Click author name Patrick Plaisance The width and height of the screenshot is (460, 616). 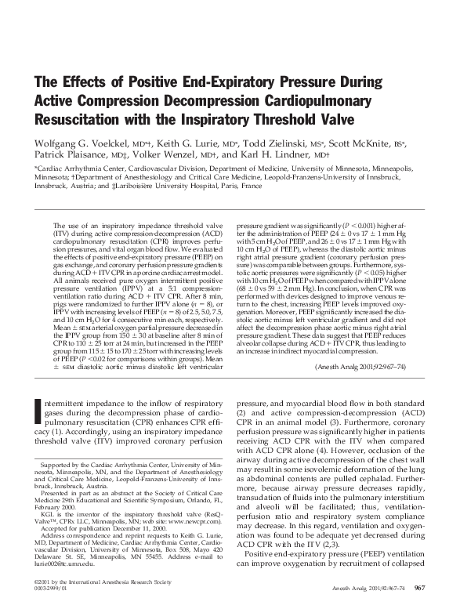pyautogui.click(x=69, y=157)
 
